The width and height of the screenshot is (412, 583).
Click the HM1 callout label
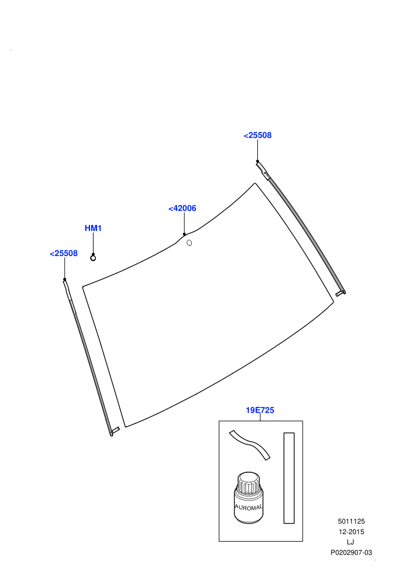(93, 228)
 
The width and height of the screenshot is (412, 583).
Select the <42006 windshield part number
(182, 208)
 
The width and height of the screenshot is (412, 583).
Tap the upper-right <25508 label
(257, 135)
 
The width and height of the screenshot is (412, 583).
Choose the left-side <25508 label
(64, 253)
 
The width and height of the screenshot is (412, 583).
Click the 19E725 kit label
(260, 410)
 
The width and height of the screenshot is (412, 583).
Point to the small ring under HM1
(93, 258)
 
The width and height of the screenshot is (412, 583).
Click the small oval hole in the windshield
(189, 243)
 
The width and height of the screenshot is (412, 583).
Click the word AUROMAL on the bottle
(248, 507)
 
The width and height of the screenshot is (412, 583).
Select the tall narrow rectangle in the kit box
(289, 478)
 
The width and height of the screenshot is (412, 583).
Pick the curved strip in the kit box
(250, 444)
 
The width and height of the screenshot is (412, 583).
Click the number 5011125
(351, 521)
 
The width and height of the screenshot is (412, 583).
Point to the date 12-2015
(351, 532)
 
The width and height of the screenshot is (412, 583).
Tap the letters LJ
(350, 542)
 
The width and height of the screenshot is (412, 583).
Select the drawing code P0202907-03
(351, 552)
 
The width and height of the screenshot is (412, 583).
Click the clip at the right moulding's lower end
(341, 293)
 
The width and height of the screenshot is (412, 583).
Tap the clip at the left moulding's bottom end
(115, 431)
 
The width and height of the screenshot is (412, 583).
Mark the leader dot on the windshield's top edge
(184, 234)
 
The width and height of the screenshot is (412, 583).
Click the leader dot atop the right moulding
(257, 161)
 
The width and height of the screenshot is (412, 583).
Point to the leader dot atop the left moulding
(65, 279)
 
